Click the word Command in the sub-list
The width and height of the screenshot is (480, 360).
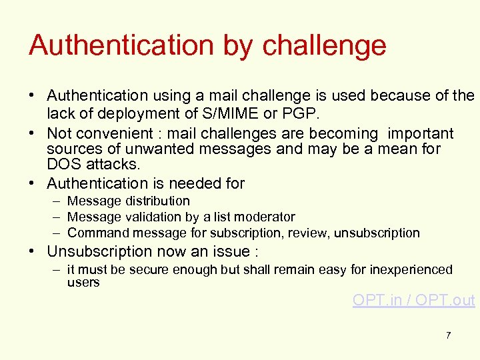tap(98, 233)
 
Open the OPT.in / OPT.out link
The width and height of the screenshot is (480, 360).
tap(413, 300)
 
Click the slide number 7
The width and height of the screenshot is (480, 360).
tap(448, 335)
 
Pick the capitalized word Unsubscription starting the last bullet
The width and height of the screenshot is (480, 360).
tap(100, 251)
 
